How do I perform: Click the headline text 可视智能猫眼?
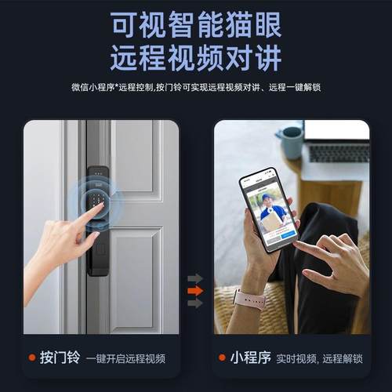click(195, 25)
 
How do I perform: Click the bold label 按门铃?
click(60, 358)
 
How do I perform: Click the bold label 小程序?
click(250, 358)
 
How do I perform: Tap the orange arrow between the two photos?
click(195, 291)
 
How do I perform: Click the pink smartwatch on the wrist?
click(249, 299)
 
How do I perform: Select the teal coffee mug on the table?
click(291, 142)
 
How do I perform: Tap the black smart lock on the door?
click(97, 220)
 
